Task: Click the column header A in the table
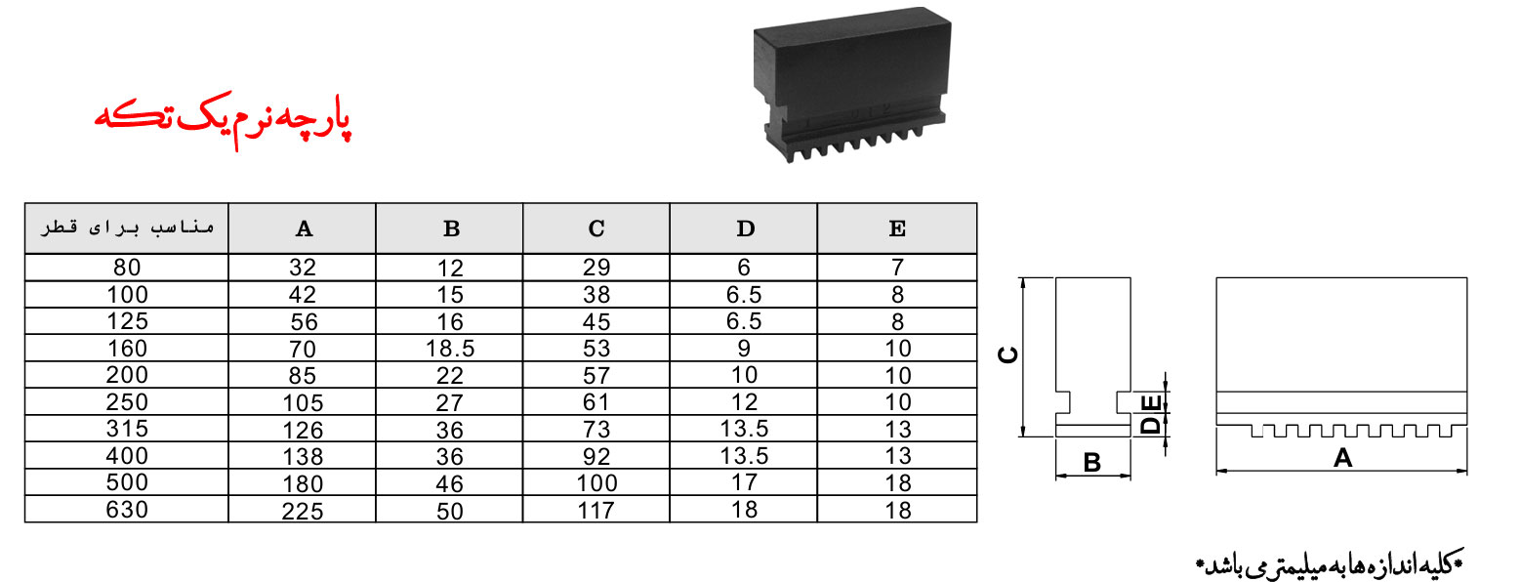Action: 304,229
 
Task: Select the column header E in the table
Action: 897,229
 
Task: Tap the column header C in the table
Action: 596,229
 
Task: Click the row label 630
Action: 127,510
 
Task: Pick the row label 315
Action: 127,429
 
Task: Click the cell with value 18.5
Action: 450,349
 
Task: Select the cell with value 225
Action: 303,511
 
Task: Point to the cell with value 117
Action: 596,510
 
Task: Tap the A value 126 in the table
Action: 303,430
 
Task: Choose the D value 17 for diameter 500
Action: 745,482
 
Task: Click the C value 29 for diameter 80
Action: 596,268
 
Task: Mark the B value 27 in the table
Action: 450,402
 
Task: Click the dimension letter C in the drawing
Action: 1008,355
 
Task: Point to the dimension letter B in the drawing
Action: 1091,463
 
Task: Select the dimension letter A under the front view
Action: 1342,458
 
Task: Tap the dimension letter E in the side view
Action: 1152,404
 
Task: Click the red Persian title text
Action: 223,120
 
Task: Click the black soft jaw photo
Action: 852,85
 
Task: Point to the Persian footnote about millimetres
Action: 1330,563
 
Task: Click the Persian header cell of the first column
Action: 127,228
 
